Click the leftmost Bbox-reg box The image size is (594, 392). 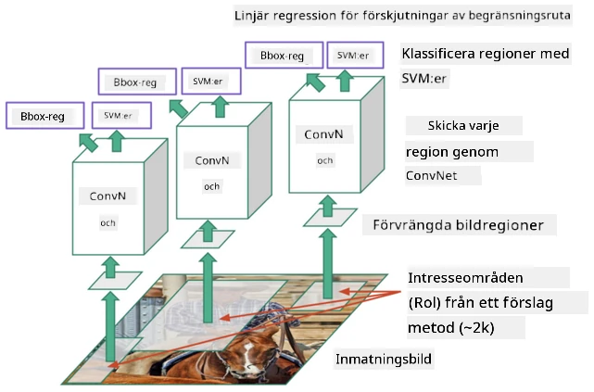45,116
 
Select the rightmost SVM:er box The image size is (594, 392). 355,56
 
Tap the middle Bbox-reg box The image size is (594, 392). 137,82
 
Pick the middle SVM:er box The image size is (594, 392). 211,81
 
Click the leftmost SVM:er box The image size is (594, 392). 121,116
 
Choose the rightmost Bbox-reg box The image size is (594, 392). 284,56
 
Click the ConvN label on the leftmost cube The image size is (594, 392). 107,196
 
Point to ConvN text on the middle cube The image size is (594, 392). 212,160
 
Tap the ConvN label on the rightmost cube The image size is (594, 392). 323,134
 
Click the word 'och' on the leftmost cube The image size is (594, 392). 107,223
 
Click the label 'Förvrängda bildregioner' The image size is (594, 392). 459,225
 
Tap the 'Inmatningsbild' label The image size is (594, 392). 384,359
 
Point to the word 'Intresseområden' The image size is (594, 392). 465,278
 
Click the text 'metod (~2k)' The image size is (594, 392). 450,328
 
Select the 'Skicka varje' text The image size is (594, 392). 463,126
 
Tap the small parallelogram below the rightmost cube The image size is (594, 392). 330,218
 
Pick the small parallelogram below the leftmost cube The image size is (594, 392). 115,281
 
